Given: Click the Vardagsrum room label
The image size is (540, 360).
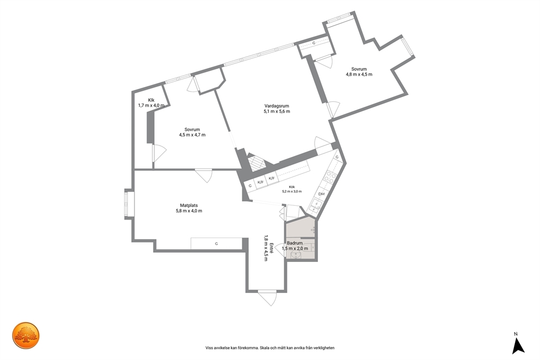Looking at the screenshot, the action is pos(277,106).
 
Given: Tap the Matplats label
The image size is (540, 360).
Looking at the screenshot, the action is pos(189,205).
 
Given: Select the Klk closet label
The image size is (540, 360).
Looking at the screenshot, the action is pos(151,100).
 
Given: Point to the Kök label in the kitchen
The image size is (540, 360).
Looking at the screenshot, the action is pos(292,187).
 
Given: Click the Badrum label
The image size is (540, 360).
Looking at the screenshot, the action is pos(295,243).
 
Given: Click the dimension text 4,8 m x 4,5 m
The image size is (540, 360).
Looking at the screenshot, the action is pos(359,74).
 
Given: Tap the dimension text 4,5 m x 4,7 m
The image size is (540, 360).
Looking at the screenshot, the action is pos(192,135).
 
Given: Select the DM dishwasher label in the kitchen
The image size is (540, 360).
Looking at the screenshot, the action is pos(321,194).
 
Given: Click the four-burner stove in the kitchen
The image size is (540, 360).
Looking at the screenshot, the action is pos(331,176).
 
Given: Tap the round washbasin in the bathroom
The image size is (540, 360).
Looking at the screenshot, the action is pos(296,255).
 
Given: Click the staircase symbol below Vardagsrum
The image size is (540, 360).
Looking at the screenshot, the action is pos(257,163).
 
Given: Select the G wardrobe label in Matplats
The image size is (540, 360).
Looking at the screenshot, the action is pos(217,243).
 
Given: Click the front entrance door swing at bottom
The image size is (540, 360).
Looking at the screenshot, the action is pos(268,298).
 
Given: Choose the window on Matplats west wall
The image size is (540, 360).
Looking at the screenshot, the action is pos(130,205).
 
